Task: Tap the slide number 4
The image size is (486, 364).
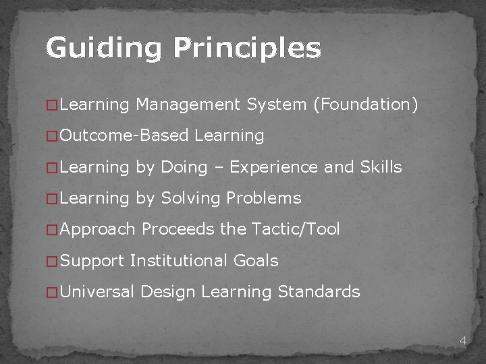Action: [x=462, y=340]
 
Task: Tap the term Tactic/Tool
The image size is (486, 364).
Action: [x=295, y=229]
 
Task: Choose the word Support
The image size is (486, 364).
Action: [x=92, y=260]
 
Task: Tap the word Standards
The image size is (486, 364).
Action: [x=319, y=292]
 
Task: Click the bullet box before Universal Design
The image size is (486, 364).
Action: [x=51, y=293]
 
